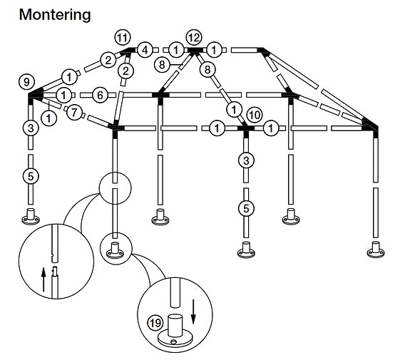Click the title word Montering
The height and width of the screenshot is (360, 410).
point(55,15)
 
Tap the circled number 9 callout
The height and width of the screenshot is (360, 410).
point(26,82)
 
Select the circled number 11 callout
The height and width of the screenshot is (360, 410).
point(123,38)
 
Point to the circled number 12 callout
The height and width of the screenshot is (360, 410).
point(194,38)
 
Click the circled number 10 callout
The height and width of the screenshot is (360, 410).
point(255,115)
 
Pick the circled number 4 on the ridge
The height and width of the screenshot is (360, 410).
point(145,50)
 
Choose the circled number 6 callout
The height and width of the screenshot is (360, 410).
point(100,95)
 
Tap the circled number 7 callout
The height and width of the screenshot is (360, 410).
point(74,113)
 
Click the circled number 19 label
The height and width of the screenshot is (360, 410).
point(155,323)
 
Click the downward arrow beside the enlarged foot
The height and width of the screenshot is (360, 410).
point(193,312)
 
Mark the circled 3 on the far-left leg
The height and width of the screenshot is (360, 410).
point(31,128)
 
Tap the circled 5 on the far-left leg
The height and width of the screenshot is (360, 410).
point(31,176)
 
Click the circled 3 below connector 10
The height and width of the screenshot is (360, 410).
point(246,160)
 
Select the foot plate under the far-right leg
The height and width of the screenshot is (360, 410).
point(376,252)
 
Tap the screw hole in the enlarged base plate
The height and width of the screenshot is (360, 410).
point(173,342)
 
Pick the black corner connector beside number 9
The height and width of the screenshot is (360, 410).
point(34,95)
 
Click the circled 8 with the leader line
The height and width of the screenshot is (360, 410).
point(162,64)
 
